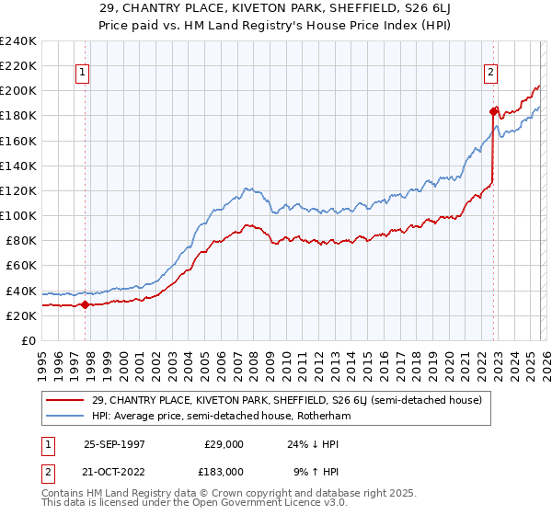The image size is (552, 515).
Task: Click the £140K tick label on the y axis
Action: pos(17,166)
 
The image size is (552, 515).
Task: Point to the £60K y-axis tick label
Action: pos(20,266)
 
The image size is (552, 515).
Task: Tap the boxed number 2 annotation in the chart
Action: pos(491,73)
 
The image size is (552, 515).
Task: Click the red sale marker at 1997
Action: pos(86,304)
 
